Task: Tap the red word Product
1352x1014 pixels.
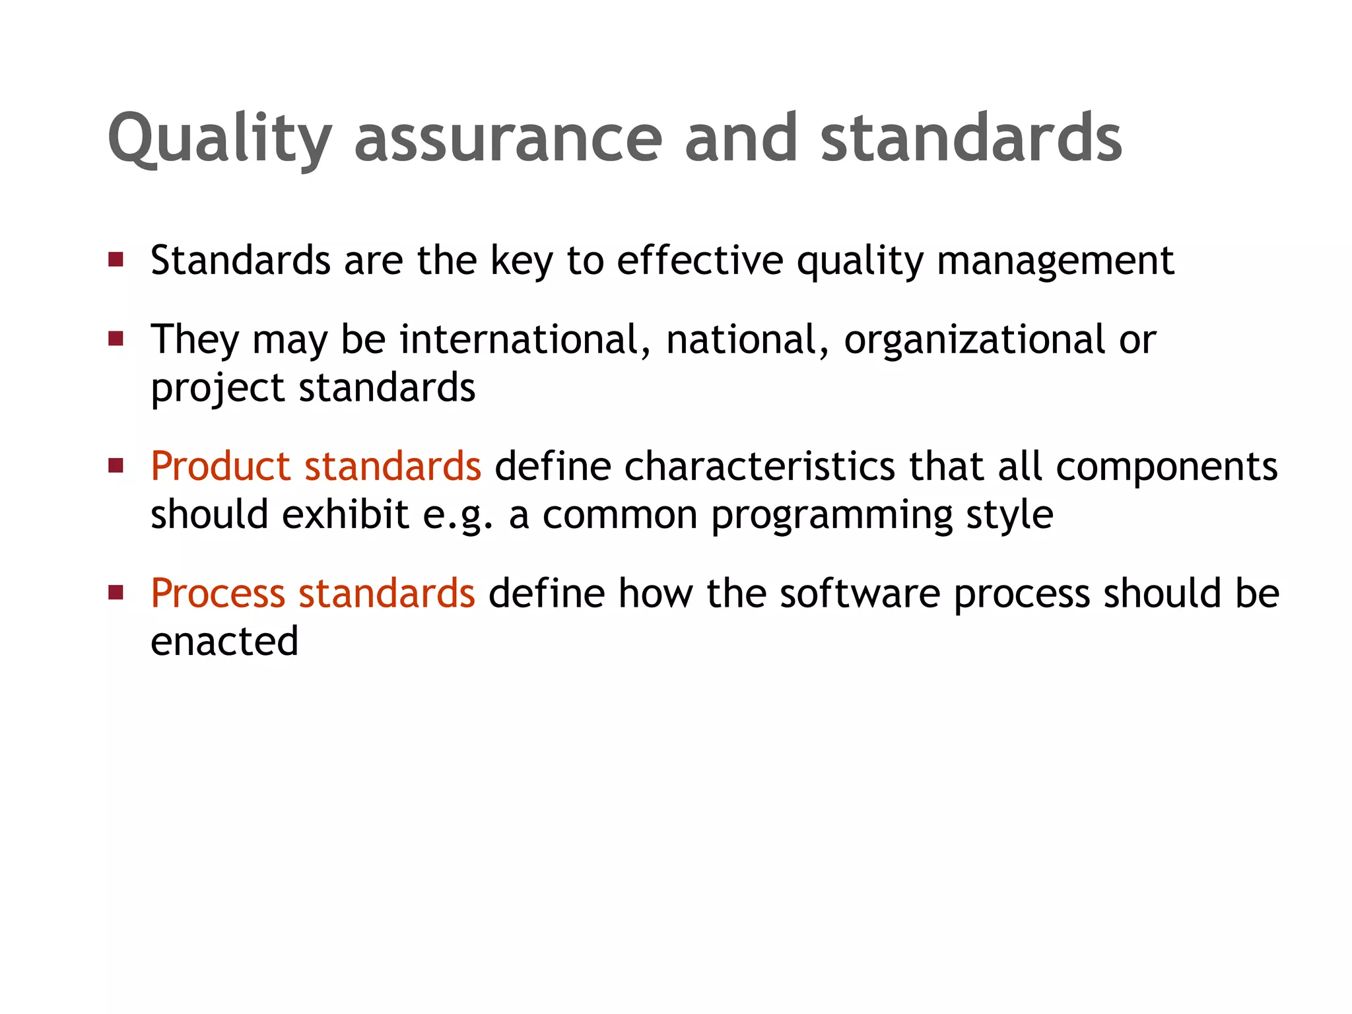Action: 220,466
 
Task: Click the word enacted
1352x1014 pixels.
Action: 224,641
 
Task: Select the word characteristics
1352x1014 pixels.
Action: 759,466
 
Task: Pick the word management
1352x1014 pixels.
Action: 1056,260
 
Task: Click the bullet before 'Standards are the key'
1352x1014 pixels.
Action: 116,259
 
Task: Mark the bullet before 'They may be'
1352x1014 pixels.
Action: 116,339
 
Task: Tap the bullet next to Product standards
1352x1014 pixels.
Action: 116,466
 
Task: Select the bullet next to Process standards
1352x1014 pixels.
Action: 116,592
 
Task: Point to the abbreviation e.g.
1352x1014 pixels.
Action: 457,515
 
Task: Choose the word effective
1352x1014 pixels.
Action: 700,260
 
